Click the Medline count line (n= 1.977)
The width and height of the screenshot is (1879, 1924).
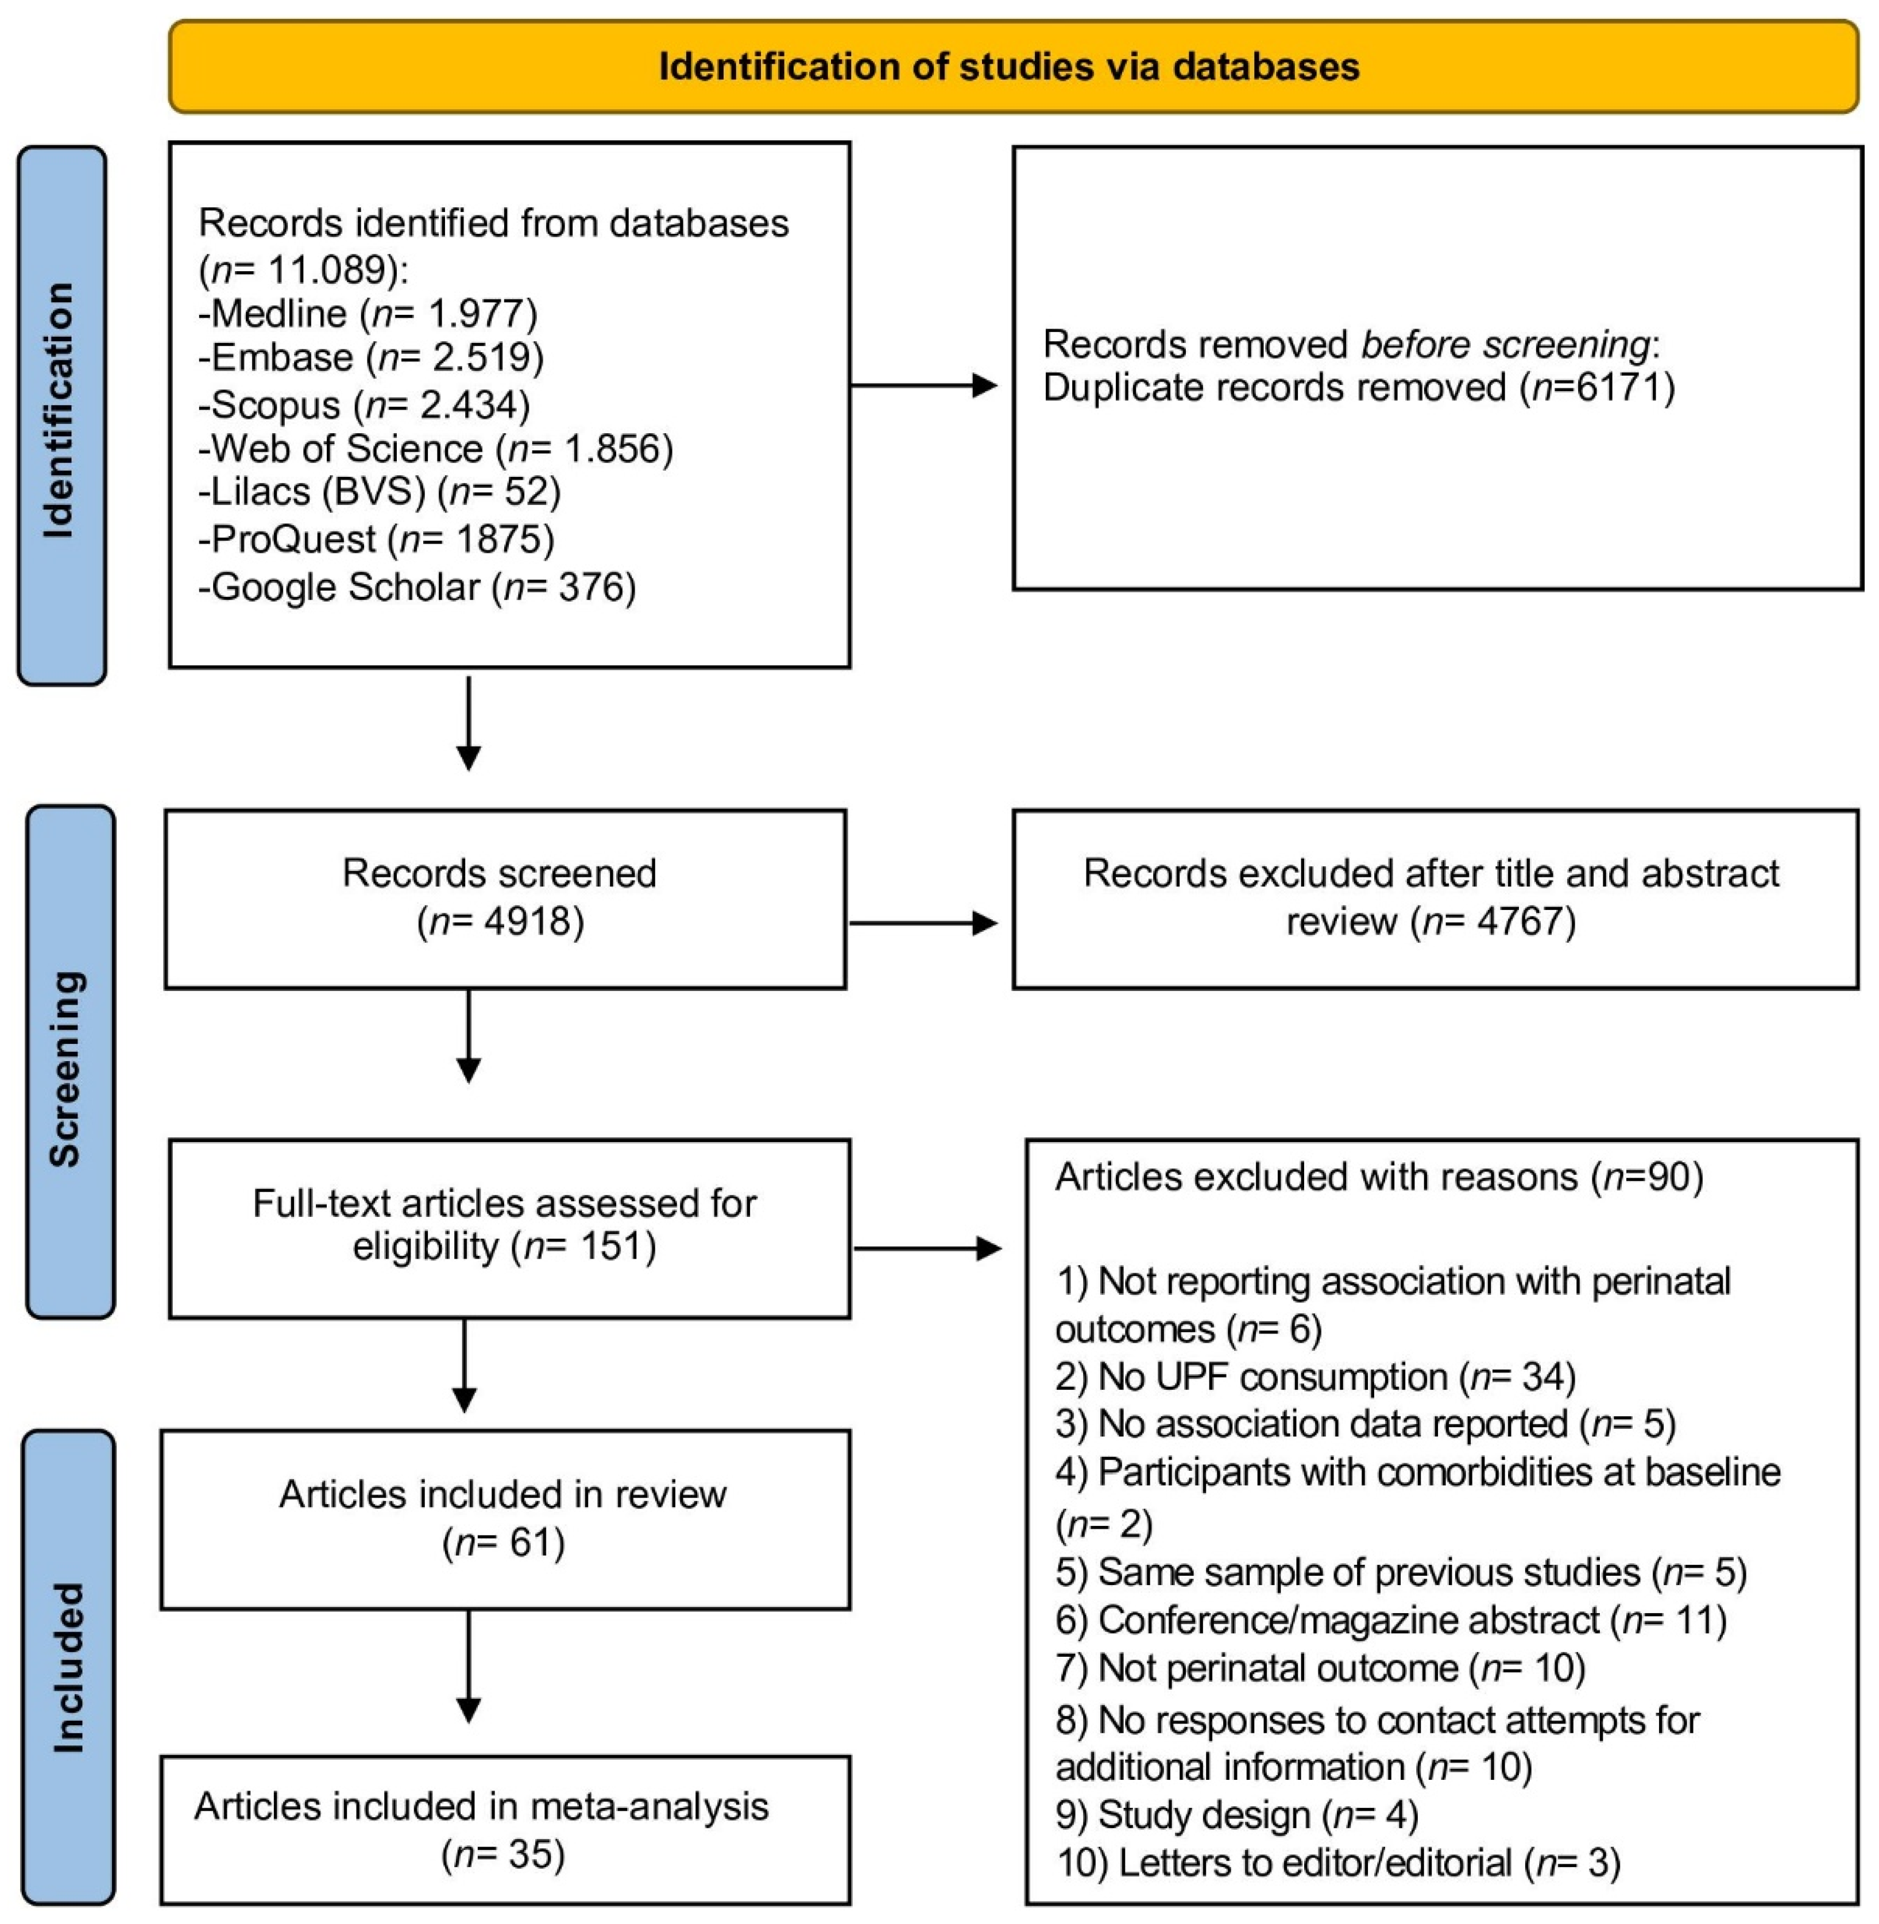point(367,314)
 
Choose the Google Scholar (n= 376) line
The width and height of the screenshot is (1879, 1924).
point(416,587)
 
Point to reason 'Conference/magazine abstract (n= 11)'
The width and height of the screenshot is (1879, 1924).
point(1390,1620)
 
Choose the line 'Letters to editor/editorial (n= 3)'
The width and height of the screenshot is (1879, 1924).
point(1338,1863)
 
